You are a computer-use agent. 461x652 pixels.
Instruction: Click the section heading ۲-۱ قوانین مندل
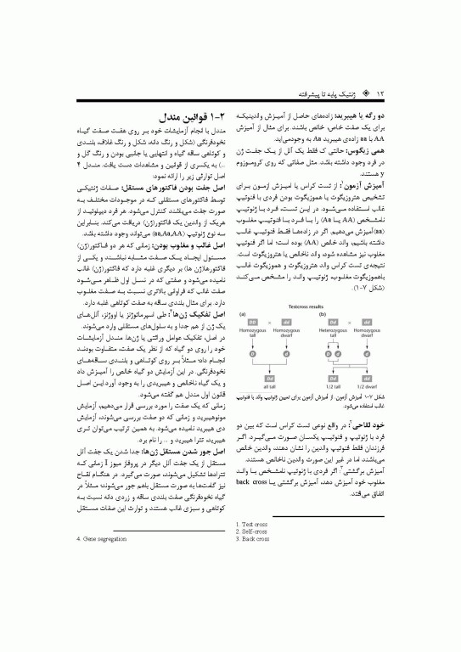(x=194, y=113)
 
